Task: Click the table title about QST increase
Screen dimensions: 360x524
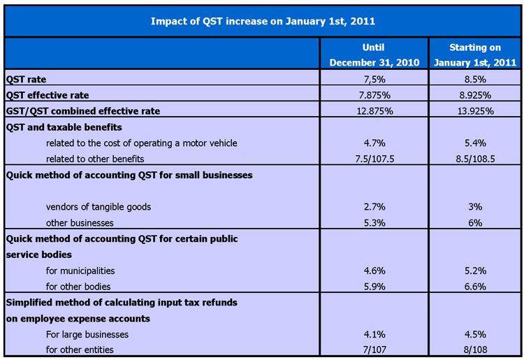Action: click(x=263, y=21)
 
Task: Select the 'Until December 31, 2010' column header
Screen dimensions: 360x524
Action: click(x=374, y=55)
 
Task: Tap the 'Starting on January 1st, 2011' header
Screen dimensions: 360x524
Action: click(x=475, y=55)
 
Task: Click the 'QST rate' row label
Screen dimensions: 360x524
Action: click(x=27, y=79)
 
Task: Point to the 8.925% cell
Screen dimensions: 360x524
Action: click(x=475, y=95)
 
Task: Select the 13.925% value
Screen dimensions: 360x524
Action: click(x=475, y=111)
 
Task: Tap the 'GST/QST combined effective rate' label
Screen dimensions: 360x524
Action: click(x=83, y=111)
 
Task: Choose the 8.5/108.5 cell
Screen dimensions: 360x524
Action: click(x=475, y=159)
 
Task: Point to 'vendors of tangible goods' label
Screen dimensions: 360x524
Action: click(x=99, y=207)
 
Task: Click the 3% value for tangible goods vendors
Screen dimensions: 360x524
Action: click(x=475, y=207)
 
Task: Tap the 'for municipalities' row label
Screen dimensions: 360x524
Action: click(x=80, y=271)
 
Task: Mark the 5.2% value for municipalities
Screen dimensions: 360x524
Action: click(x=475, y=271)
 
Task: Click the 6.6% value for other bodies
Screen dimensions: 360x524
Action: click(x=475, y=287)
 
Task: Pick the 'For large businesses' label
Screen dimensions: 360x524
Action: click(x=87, y=334)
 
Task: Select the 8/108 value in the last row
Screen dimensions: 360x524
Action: click(x=475, y=350)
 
